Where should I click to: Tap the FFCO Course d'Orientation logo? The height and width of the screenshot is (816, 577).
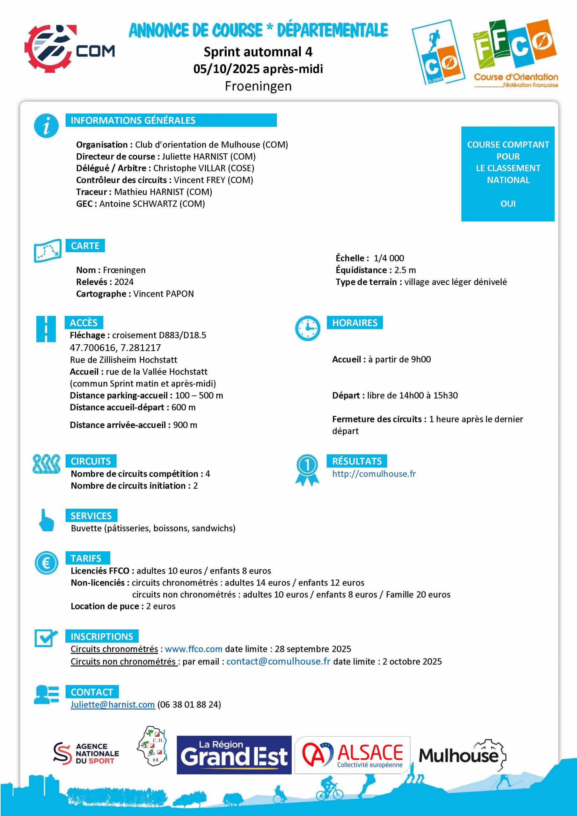point(515,53)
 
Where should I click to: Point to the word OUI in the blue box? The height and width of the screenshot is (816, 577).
point(508,204)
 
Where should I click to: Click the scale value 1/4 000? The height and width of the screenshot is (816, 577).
point(389,258)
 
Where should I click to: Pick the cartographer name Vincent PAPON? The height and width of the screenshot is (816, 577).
point(164,294)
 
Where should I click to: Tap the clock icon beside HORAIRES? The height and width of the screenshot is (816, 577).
point(308,328)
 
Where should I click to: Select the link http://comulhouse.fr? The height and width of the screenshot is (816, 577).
point(374,474)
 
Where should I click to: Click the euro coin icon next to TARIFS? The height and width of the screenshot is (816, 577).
point(46,563)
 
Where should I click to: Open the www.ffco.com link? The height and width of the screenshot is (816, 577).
point(194,649)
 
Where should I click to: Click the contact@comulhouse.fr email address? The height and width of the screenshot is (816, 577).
point(278,661)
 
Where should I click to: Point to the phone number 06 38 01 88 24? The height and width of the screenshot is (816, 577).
point(189,704)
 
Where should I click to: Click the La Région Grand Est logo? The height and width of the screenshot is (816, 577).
point(234,754)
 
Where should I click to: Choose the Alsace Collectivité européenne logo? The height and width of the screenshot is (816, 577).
point(352,755)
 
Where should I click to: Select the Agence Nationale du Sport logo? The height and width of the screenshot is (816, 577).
point(86,754)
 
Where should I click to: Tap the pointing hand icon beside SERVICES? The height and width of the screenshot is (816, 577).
point(46,520)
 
